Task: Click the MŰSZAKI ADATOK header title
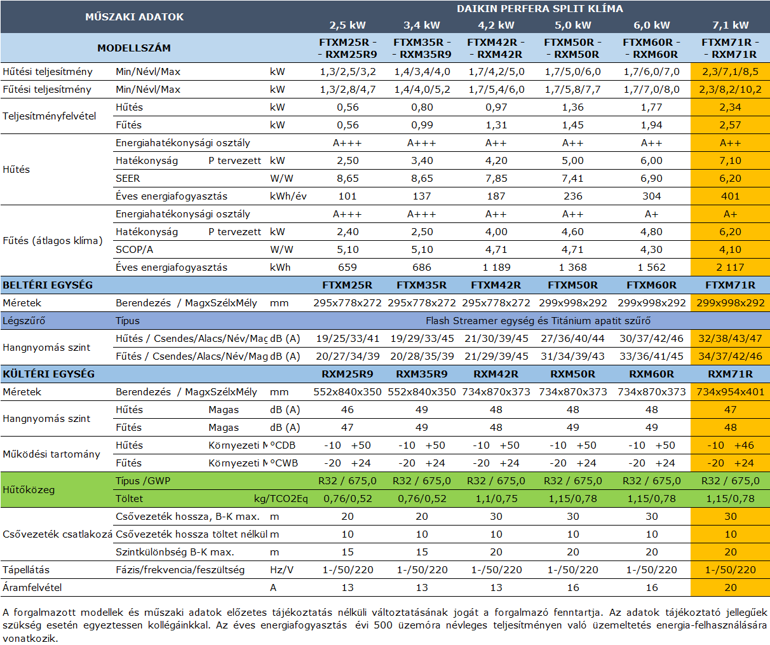click(x=134, y=17)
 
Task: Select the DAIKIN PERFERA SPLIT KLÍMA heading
click(x=540, y=8)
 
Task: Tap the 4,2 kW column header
click(x=496, y=25)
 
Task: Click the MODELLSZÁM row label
click(x=134, y=48)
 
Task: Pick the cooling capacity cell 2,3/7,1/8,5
click(x=730, y=72)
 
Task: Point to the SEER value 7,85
click(x=496, y=178)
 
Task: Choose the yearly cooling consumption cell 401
click(x=730, y=196)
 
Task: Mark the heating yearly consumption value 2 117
click(x=730, y=267)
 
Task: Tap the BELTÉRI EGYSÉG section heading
click(x=48, y=285)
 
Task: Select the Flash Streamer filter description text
click(x=538, y=321)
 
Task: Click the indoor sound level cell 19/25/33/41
click(x=348, y=339)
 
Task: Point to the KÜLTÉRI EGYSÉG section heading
click(x=49, y=374)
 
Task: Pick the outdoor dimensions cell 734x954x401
click(x=730, y=392)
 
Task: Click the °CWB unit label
click(x=284, y=463)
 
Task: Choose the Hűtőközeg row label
click(x=29, y=490)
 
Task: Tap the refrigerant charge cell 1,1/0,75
click(x=496, y=499)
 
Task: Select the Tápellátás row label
click(x=26, y=570)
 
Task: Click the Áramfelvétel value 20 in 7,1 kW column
click(x=730, y=587)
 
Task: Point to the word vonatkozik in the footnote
click(x=30, y=639)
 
